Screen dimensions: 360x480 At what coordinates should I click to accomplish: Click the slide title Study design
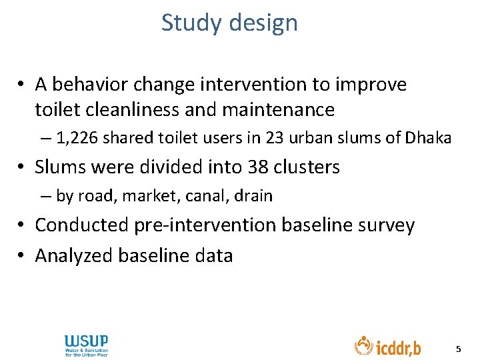229,23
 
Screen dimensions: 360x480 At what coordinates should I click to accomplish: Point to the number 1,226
77,139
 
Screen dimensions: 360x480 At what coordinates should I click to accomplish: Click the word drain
253,196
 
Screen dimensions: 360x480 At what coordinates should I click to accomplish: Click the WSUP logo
86,345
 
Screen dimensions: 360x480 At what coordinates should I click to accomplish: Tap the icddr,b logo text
399,347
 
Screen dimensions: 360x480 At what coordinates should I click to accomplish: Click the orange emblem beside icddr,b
363,345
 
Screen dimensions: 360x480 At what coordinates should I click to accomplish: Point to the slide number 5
457,349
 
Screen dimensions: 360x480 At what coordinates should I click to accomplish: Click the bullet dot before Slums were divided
23,167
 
